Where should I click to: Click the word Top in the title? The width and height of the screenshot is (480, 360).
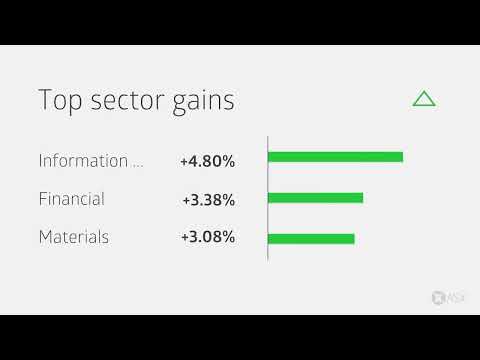(x=57, y=100)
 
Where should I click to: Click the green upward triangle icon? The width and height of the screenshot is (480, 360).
(x=424, y=98)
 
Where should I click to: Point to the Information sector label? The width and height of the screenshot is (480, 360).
(x=83, y=160)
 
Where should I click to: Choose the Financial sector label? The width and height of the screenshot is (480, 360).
(x=71, y=199)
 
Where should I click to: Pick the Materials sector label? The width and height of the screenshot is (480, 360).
(x=74, y=238)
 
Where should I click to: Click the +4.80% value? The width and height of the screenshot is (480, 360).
(x=208, y=160)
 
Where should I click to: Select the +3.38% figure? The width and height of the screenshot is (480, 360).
(x=208, y=199)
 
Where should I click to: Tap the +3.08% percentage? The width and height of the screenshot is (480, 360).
(x=208, y=238)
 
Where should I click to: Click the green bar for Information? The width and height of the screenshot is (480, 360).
(x=335, y=157)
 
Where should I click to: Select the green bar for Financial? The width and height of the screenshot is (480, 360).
(x=315, y=198)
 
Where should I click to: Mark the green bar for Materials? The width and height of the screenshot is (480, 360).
(x=311, y=238)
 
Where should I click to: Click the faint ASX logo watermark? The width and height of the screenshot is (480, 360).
(x=443, y=297)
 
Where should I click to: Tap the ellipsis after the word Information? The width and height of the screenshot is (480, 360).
(x=138, y=164)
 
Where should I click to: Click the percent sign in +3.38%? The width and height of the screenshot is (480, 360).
(x=228, y=199)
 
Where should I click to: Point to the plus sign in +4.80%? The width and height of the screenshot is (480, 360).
(x=185, y=161)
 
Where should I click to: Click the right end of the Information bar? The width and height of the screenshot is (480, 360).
(x=400, y=157)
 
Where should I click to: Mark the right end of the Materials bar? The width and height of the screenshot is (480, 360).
(x=352, y=238)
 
